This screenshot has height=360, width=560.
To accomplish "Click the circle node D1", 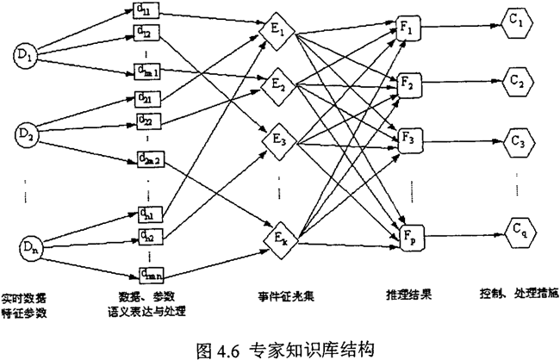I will pos(24,58).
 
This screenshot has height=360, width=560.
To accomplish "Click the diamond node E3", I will pos(278,138).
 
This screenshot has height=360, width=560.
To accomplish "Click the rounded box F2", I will pos(408,84).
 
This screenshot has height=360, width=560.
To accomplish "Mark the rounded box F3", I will pos(408,138).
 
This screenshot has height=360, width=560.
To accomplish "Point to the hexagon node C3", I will pos(516,140).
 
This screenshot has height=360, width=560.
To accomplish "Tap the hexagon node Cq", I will pos(516,231).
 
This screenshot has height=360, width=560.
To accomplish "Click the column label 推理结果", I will pos(408,295).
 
